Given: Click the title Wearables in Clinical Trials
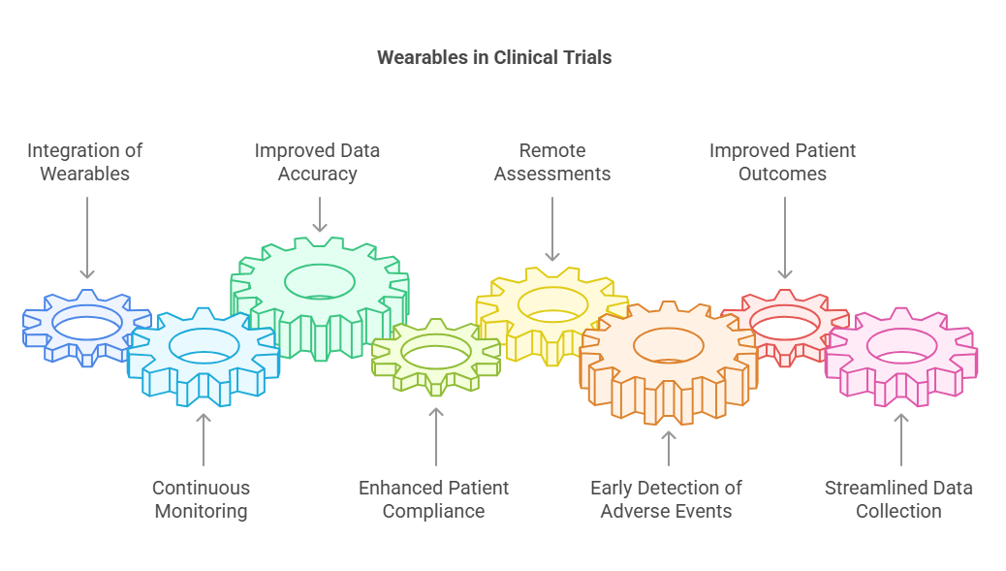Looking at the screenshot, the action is tap(494, 58).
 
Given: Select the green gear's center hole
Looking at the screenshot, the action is tap(320, 282).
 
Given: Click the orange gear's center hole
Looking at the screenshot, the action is tap(669, 345).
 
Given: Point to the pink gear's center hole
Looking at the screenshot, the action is tap(902, 346).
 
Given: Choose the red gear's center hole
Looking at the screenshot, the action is tap(785, 322).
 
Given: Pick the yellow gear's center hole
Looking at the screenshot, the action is tap(552, 304).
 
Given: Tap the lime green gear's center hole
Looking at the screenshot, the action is tap(436, 352).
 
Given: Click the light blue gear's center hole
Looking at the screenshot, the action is tap(204, 346).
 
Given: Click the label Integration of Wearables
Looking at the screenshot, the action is tap(84, 162).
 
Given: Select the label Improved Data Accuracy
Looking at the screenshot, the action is tap(318, 162).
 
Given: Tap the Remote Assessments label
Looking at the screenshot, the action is tap(552, 162).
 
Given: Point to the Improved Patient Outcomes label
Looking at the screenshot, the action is tap(783, 162).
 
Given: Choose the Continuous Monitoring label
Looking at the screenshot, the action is tap(202, 500).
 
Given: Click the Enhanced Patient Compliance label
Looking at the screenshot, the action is tap(434, 500).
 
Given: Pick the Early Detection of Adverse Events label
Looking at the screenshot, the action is tap(667, 500).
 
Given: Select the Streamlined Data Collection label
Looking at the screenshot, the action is tap(898, 500).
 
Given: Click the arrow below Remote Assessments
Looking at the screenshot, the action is tap(552, 229).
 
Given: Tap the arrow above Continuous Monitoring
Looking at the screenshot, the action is tap(204, 439).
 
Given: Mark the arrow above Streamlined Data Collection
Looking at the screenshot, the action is tap(901, 439).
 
